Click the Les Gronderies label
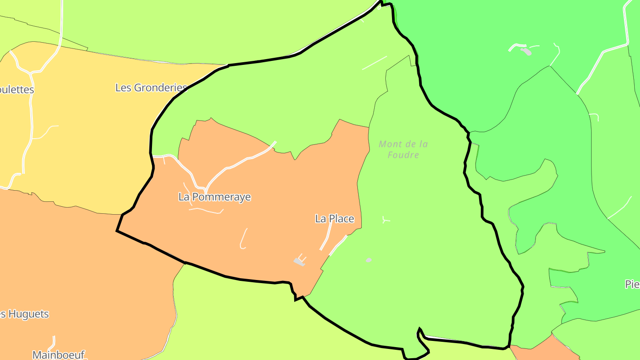point(151,88)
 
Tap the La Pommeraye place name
point(215,197)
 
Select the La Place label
point(335,219)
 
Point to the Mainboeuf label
point(58,355)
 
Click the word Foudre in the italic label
point(404,155)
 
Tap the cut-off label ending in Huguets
point(24,314)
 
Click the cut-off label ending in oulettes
point(17,89)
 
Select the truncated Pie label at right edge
point(632,284)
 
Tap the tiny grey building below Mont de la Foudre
point(369,260)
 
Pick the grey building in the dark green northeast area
point(526,52)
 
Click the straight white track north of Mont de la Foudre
point(374,63)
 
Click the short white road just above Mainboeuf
point(53,342)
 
